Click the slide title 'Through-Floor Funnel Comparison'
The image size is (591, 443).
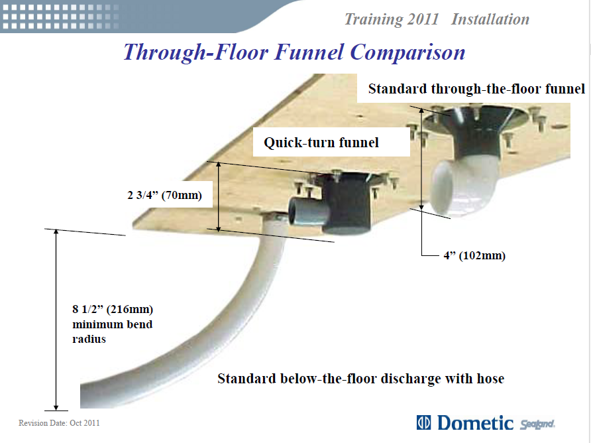click(294, 52)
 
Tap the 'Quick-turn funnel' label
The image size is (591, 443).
click(321, 143)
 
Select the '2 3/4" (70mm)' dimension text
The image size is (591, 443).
click(165, 195)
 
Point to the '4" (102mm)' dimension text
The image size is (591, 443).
click(474, 255)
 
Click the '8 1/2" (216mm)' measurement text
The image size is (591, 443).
click(113, 309)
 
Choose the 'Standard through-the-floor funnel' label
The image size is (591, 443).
click(476, 89)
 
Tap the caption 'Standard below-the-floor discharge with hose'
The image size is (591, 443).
click(360, 379)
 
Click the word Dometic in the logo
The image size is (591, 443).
click(475, 422)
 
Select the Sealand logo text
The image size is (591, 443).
click(537, 424)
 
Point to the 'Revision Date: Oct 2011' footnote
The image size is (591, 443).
click(59, 423)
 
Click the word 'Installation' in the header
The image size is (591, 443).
click(490, 19)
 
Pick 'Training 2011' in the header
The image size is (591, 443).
click(392, 20)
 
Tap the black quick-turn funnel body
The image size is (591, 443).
click(346, 204)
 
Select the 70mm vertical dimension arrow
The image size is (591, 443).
click(219, 196)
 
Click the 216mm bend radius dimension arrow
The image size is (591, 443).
click(56, 320)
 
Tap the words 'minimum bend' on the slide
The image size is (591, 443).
click(113, 324)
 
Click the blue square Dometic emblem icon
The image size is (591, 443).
click(423, 422)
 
